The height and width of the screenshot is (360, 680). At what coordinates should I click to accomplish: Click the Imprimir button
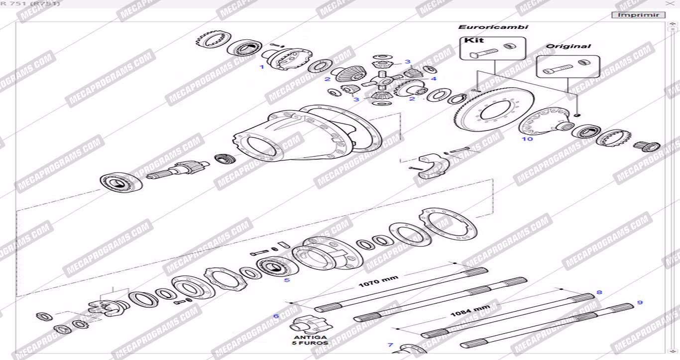pos(638,15)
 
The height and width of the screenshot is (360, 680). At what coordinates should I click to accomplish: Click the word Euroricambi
pos(493,27)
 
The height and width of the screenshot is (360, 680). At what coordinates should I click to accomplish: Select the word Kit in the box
pos(474,40)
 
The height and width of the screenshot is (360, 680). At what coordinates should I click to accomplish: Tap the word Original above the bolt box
pos(568,46)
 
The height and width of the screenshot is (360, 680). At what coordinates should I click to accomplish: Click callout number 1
pos(262,67)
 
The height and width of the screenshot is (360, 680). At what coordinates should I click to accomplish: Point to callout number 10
pos(527,139)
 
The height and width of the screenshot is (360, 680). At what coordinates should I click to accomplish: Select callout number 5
pos(287,280)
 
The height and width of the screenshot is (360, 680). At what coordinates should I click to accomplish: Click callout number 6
pos(276,316)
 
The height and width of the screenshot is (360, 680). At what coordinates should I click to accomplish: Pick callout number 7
pos(390,345)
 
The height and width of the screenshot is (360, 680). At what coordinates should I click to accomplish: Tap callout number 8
pos(599,292)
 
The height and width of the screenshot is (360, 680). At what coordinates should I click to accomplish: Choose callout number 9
pos(640,302)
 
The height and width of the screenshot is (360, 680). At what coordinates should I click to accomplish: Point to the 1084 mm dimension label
pos(470,312)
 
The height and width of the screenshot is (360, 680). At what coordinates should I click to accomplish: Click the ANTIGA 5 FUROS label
pos(310,340)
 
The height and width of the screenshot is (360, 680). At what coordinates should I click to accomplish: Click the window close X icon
pos(670,3)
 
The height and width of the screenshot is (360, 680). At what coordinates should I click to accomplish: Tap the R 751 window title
pos(30,3)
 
